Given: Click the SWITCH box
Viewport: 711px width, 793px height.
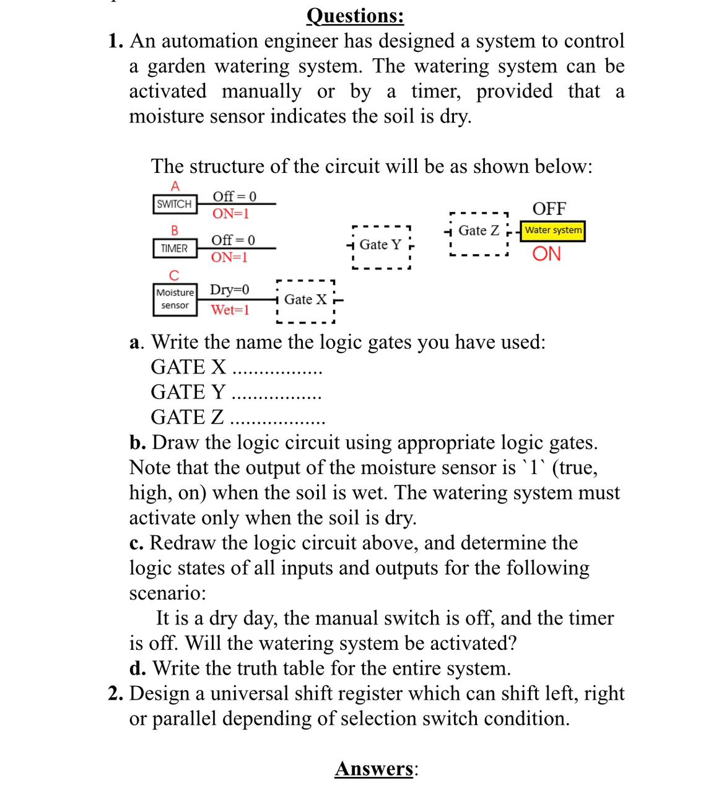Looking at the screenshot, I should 174,204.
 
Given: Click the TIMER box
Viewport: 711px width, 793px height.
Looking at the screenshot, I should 174,248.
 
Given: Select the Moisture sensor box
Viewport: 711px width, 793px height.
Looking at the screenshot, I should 175,299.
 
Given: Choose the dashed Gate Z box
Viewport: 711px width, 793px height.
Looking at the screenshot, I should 479,231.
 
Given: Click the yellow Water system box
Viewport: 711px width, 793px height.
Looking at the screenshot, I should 553,230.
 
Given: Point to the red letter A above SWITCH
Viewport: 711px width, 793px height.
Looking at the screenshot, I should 175,186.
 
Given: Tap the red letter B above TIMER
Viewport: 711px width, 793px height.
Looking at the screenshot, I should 175,230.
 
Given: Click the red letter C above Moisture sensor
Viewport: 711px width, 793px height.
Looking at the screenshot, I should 174,274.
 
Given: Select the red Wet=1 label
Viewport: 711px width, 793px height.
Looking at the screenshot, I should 230,310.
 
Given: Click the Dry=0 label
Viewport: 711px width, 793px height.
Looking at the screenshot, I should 230,289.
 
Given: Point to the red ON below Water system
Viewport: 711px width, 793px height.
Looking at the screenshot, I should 547,254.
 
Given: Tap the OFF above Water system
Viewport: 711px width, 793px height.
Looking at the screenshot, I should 549,208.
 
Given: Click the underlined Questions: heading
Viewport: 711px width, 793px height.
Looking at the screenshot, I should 355,15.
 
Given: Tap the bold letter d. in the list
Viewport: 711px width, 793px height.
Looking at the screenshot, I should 137,668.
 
